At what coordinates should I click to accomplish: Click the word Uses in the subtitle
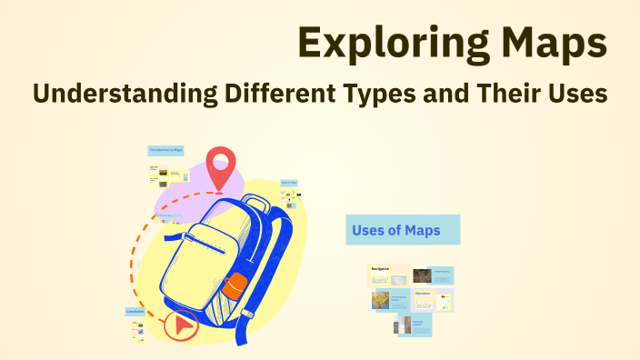pos(575,94)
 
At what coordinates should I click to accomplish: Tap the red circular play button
pos(182,325)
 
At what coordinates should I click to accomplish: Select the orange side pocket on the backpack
pos(234,285)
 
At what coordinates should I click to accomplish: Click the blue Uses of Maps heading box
pos(403,230)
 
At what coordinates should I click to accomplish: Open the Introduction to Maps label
pos(165,149)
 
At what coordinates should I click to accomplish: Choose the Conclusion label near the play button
pos(135,312)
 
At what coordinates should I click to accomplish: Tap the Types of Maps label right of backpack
pos(289,183)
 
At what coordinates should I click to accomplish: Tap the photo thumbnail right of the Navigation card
pos(422,275)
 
